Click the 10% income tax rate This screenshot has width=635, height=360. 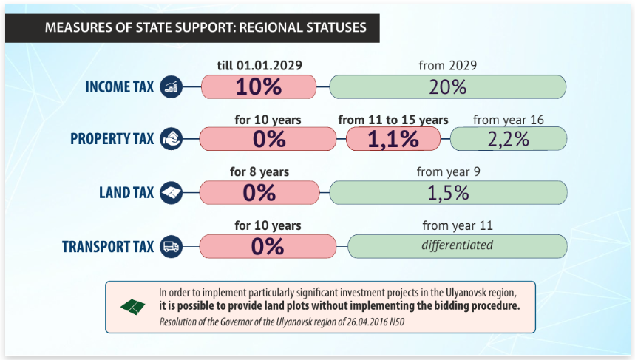click(x=259, y=86)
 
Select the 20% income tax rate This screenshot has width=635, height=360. click(x=447, y=86)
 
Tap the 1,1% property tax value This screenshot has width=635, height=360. click(x=393, y=139)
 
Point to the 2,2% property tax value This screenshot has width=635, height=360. click(x=508, y=139)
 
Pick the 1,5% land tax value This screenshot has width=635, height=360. click(x=448, y=193)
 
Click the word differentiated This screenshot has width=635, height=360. click(x=457, y=245)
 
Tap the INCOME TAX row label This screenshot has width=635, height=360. click(x=120, y=87)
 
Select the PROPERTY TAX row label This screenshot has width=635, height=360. click(x=112, y=139)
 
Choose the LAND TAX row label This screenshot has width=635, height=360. click(x=126, y=193)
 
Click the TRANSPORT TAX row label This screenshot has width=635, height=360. click(x=108, y=246)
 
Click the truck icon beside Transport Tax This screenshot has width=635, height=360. click(x=171, y=246)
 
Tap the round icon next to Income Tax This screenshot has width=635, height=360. click(x=171, y=86)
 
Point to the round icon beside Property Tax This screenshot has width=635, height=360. click(x=171, y=139)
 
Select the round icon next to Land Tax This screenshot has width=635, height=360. click(x=171, y=193)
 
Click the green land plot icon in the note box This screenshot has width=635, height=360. click(x=133, y=306)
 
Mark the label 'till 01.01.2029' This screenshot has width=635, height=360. click(x=259, y=65)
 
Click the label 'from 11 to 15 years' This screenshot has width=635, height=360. click(x=393, y=120)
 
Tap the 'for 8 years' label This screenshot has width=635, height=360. click(x=259, y=172)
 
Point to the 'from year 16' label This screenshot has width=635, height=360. click(x=508, y=120)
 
